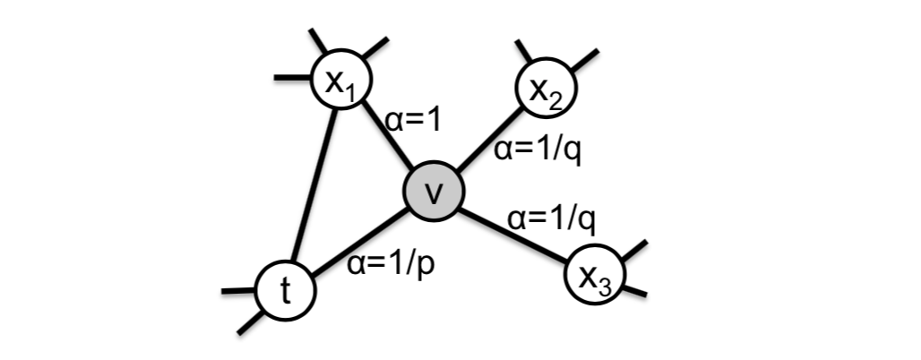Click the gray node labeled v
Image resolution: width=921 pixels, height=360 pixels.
433,192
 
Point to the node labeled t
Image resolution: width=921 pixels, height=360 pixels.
285,290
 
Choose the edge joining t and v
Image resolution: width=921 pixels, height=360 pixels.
358,242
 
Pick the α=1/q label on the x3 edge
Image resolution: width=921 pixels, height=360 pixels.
552,217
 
